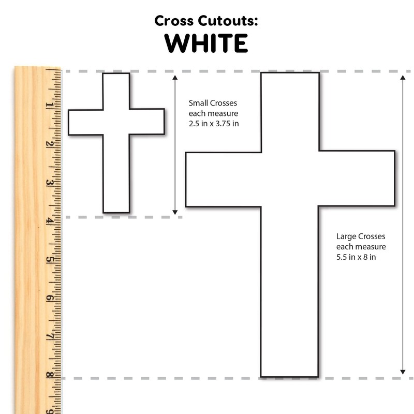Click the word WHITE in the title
click(206, 43)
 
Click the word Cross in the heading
click(174, 21)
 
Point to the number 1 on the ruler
click(49, 105)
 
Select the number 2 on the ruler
click(49, 144)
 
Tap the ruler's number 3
click(49, 183)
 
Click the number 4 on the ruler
click(49, 221)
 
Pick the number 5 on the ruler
click(49, 260)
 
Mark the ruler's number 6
click(49, 298)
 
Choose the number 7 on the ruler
click(49, 337)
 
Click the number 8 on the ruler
click(49, 375)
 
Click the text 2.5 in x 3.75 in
click(214, 124)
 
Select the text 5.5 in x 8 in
click(356, 257)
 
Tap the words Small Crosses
click(213, 103)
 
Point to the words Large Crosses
click(361, 236)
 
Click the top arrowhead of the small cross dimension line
click(175, 77)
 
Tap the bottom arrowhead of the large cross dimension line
click(403, 372)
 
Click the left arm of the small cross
click(85, 123)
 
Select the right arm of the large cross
click(357, 178)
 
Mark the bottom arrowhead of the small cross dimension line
click(175, 212)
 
